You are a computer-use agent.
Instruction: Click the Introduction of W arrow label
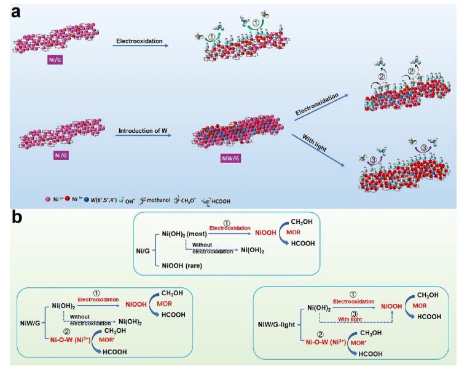pos(139,130)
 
